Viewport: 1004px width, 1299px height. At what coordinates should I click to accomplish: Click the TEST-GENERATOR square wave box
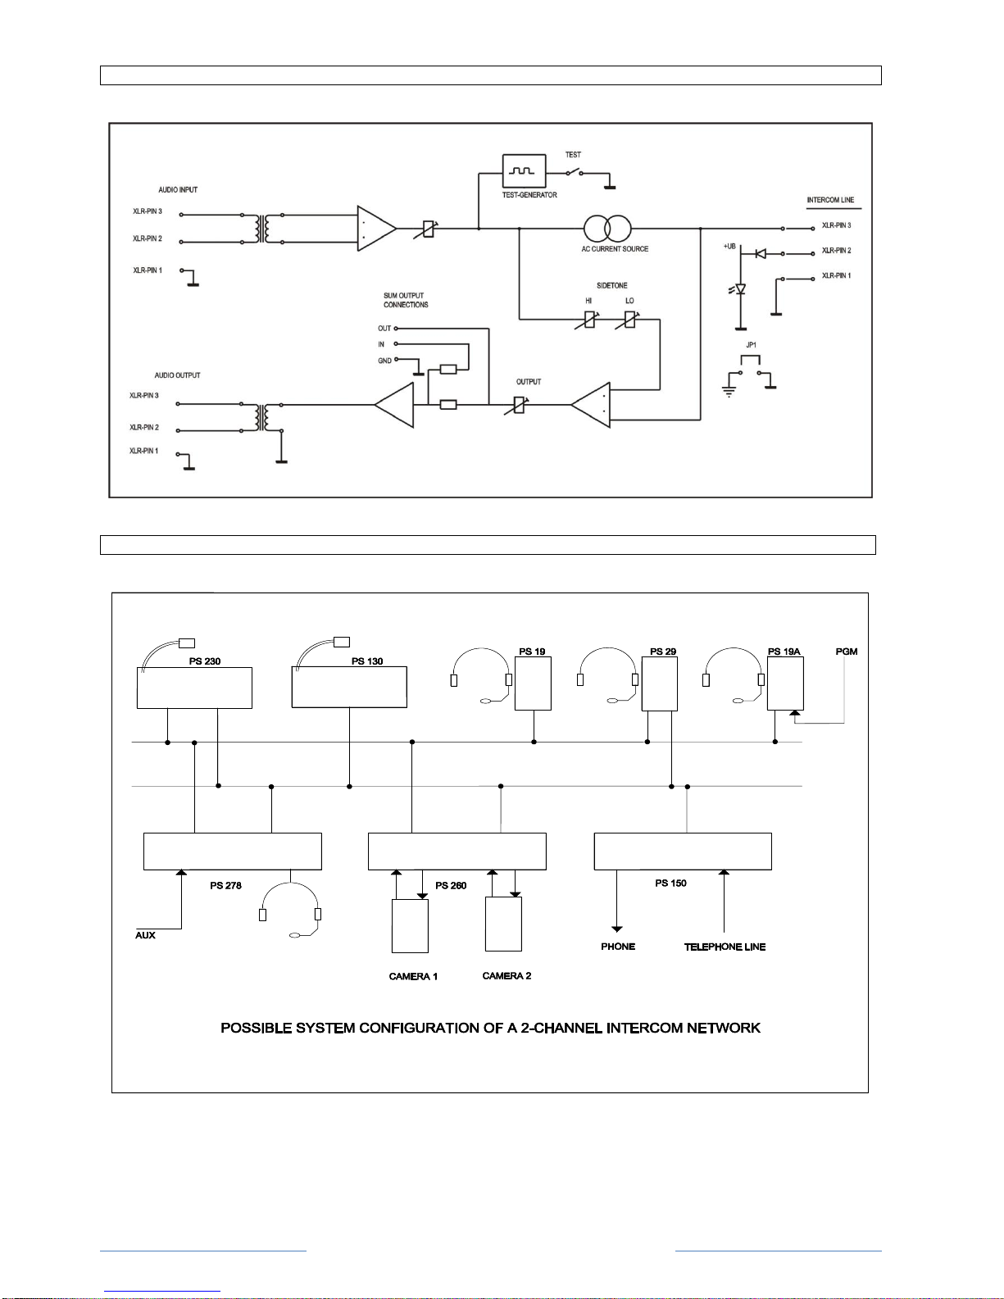(524, 171)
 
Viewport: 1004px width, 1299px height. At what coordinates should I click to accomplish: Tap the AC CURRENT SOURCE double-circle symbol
(607, 229)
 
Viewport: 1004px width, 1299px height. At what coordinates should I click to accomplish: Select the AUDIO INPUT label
(178, 190)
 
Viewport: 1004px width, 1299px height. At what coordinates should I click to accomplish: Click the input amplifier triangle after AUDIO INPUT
(376, 229)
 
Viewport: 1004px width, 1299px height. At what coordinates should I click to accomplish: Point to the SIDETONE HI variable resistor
(589, 320)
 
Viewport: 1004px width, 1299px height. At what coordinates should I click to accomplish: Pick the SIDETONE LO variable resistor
(629, 320)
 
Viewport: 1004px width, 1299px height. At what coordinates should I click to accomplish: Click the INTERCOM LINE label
(830, 200)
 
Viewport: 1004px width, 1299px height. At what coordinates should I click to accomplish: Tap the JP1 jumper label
(752, 345)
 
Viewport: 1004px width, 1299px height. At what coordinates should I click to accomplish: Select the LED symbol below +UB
(739, 289)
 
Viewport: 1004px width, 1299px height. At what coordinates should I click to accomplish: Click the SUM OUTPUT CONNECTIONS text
(406, 300)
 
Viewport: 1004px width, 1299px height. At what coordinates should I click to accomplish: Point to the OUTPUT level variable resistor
(518, 406)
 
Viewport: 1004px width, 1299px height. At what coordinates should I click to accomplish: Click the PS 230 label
(204, 661)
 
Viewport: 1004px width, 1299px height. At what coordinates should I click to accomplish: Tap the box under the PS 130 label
(349, 688)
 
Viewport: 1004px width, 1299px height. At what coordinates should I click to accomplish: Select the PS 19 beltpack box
(533, 684)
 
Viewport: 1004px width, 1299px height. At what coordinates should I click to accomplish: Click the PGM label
(846, 652)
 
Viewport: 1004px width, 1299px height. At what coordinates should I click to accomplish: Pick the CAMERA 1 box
(410, 926)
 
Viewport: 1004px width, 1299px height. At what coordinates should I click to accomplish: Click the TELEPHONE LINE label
(725, 947)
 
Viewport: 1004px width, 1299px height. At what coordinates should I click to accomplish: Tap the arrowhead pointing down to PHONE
(616, 929)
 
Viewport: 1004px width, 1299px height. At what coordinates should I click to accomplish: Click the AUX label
(145, 936)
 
